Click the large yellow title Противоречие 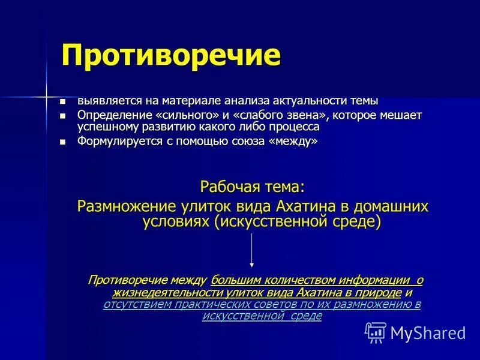[171, 56]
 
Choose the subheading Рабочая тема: [251, 187]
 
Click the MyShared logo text [428, 332]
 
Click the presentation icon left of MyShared [376, 332]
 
